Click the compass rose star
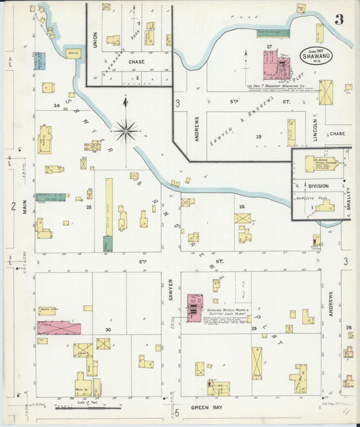point(126,130)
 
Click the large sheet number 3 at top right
point(338,20)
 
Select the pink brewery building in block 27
point(273,66)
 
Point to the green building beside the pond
point(272,31)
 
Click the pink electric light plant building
point(195,307)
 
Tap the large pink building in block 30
point(59,328)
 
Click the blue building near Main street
point(39,61)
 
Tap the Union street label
point(95,40)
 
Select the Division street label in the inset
point(318,186)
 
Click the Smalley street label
point(349,201)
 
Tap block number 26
point(241,207)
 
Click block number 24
point(57,105)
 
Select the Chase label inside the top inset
point(137,61)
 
